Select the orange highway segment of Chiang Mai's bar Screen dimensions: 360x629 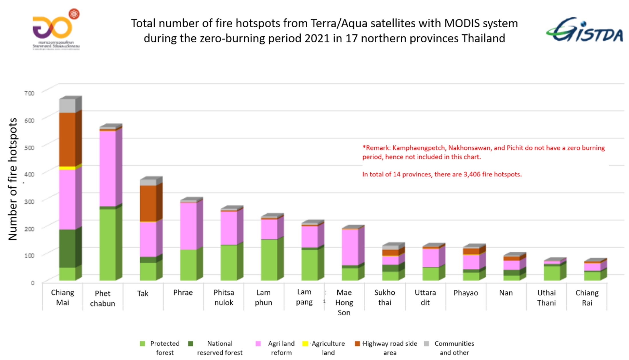click(68, 139)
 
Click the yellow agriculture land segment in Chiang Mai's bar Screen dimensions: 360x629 click(68, 168)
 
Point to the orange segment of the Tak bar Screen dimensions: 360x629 click(148, 203)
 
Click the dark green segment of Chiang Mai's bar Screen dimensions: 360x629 click(68, 248)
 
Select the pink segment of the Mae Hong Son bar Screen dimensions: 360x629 click(350, 247)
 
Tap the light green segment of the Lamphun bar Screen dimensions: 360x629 click(269, 259)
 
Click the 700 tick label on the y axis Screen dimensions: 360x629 click(29, 93)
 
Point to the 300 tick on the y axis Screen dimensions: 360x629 click(29, 201)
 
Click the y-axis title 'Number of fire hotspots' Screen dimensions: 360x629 click(13, 179)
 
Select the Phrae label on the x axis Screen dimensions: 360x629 click(183, 293)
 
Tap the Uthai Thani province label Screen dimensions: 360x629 click(546, 298)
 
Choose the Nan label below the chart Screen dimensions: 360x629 click(506, 293)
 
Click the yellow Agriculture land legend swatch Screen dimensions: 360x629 click(305, 343)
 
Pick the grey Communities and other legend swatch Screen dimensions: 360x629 click(426, 343)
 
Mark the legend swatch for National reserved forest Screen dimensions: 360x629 click(190, 343)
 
